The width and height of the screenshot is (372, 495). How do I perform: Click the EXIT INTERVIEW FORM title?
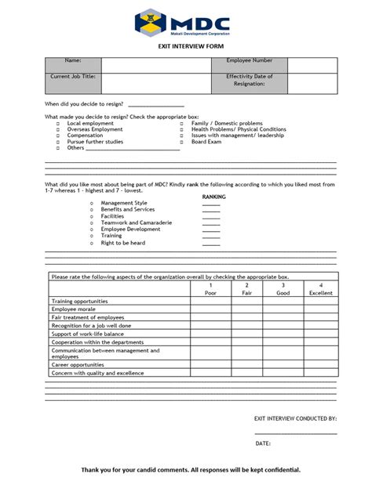click(x=186, y=47)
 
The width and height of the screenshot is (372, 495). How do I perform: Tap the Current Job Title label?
click(x=73, y=77)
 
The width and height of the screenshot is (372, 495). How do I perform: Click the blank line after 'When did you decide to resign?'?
click(x=155, y=104)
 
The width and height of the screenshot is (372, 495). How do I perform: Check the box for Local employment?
click(x=57, y=124)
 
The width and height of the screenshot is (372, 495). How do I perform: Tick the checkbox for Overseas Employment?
click(x=57, y=130)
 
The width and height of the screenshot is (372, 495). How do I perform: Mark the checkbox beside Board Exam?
click(x=181, y=143)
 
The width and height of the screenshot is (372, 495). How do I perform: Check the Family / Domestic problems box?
click(x=181, y=124)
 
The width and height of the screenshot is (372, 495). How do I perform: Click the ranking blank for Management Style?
click(x=211, y=203)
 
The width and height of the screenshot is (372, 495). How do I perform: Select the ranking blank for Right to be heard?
click(x=211, y=244)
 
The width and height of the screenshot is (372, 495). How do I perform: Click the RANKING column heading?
click(x=214, y=196)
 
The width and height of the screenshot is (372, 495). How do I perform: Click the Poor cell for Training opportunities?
click(x=210, y=301)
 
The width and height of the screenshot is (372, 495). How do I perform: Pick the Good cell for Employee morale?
click(x=283, y=309)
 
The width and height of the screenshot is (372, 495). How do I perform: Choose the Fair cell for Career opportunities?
click(x=246, y=365)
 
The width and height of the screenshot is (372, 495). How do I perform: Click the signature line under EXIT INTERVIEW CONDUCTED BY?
click(x=296, y=432)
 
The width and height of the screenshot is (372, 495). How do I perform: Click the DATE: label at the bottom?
click(x=263, y=444)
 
